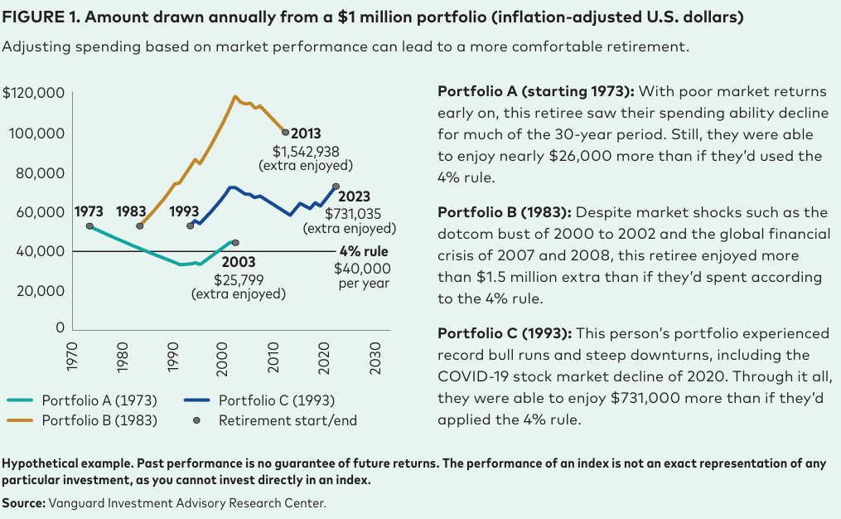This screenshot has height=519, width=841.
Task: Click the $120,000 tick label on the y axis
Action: [34, 93]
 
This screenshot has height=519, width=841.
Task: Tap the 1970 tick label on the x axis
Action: [73, 356]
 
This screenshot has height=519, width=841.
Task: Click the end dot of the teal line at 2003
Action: [236, 243]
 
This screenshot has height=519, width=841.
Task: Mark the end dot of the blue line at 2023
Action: [336, 187]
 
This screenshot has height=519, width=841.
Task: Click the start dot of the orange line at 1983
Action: [140, 226]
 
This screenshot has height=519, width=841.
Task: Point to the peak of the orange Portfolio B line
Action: [235, 96]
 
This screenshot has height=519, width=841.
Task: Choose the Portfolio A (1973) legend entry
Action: [92, 400]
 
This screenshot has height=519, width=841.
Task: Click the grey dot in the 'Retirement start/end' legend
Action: [196, 420]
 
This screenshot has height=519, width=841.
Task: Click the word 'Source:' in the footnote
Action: [24, 502]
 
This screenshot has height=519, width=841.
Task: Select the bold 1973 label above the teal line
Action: [89, 211]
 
